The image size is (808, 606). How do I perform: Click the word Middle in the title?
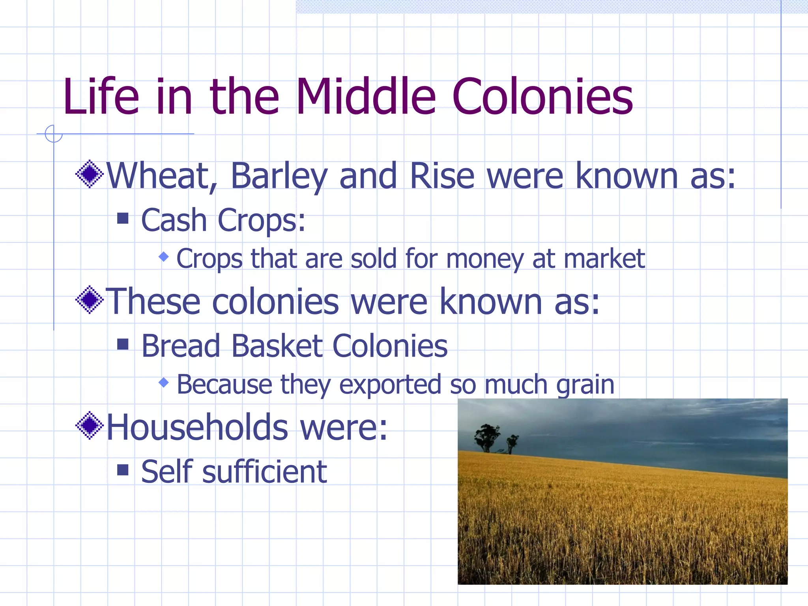pos(365,97)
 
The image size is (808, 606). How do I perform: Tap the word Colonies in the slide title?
pos(542,97)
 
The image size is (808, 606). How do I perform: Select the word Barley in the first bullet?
pos(279,176)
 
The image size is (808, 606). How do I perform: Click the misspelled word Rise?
pos(442,176)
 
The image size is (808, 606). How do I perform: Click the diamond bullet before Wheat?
pos(90,174)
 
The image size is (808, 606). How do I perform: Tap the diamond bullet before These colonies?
pos(90,300)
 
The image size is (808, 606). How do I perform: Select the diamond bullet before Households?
pos(90,425)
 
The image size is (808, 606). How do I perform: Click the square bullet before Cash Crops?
pos(123,218)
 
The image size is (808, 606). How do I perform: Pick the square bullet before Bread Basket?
pos(123,344)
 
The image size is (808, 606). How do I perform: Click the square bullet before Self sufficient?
pos(123,469)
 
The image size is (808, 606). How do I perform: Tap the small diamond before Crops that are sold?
pos(164,257)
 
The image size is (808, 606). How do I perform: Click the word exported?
pos(390,385)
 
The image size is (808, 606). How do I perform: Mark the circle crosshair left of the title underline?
pos(54,134)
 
